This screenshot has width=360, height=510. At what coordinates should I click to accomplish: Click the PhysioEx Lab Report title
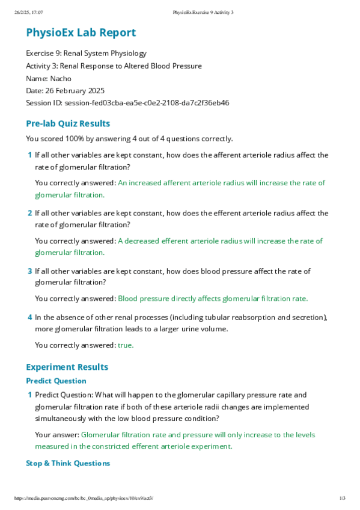[81, 33]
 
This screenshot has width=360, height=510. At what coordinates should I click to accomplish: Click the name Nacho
[61, 78]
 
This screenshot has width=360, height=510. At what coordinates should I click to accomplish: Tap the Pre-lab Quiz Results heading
[68, 124]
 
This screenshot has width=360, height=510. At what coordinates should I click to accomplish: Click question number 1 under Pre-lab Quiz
[29, 155]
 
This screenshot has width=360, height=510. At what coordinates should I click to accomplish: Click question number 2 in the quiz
[29, 213]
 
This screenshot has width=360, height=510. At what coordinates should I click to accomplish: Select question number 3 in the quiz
[29, 271]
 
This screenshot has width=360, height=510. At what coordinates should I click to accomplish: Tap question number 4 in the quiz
[29, 317]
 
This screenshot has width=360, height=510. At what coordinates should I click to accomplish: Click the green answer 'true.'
[126, 345]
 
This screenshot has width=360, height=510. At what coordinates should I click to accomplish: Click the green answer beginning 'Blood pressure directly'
[213, 298]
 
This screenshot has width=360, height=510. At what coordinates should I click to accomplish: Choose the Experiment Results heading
[67, 367]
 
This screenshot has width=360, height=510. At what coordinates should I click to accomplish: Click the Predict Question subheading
[56, 381]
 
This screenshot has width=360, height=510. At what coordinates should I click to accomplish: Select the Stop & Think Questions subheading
[68, 463]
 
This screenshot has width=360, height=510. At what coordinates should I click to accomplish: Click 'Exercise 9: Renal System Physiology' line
[86, 54]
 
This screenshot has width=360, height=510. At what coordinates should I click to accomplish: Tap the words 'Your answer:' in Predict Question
[56, 435]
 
